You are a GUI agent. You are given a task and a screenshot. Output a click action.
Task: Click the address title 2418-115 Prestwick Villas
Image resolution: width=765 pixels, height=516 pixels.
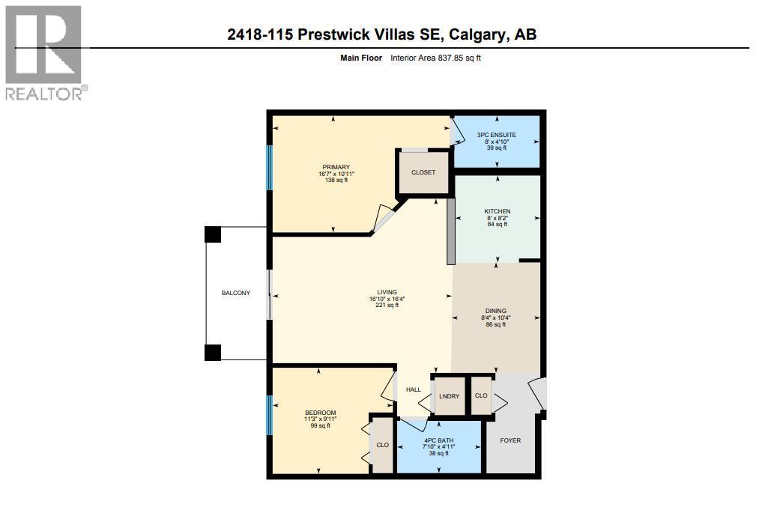pyautogui.click(x=382, y=34)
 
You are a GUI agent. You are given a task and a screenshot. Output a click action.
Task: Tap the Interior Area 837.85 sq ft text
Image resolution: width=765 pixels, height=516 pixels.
pyautogui.click(x=435, y=58)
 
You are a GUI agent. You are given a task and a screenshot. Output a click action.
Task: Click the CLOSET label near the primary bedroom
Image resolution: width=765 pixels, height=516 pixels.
pyautogui.click(x=423, y=172)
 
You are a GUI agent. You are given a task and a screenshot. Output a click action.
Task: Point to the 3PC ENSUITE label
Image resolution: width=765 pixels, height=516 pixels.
pyautogui.click(x=496, y=135)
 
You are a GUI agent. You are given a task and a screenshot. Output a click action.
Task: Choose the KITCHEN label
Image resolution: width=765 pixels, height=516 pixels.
pyautogui.click(x=497, y=211)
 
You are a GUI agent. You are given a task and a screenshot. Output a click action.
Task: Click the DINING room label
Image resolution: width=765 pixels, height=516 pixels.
pyautogui.click(x=495, y=311)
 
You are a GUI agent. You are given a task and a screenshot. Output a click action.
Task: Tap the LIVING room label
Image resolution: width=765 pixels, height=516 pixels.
pyautogui.click(x=387, y=292)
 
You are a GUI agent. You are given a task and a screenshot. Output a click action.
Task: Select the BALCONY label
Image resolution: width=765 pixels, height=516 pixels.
pyautogui.click(x=235, y=293)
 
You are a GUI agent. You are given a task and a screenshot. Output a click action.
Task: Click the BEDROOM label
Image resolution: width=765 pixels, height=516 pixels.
pyautogui.click(x=320, y=413)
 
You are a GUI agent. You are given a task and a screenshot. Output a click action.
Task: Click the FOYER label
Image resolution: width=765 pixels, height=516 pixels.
pyautogui.click(x=510, y=440)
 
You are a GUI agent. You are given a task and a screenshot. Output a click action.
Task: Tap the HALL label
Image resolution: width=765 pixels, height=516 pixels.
pyautogui.click(x=414, y=389)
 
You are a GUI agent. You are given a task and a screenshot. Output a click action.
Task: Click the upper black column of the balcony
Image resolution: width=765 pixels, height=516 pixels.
pyautogui.click(x=213, y=234)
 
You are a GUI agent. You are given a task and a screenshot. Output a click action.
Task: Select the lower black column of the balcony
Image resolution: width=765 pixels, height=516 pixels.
pyautogui.click(x=213, y=352)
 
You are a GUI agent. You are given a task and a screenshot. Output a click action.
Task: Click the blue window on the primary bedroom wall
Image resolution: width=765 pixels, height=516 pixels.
pyautogui.click(x=270, y=167)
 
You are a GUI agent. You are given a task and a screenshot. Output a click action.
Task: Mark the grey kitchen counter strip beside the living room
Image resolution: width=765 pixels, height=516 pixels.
pyautogui.click(x=451, y=231)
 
